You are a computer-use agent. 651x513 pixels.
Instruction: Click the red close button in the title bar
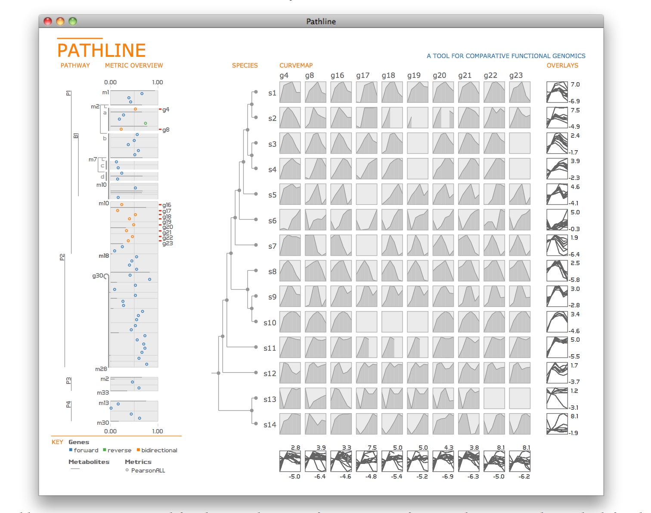point(48,21)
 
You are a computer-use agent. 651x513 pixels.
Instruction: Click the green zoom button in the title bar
point(73,21)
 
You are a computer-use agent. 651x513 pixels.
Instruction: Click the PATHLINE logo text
point(102,50)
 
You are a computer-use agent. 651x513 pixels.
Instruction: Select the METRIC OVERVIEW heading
point(134,65)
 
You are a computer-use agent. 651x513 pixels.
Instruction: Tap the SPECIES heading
point(245,65)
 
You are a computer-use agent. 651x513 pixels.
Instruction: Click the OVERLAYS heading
point(562,65)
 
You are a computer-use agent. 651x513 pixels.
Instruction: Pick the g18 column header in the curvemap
point(388,75)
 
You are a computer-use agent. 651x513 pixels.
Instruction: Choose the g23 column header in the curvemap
point(516,75)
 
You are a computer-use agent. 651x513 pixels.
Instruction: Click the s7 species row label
point(272,246)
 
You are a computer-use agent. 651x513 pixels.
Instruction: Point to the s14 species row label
point(270,425)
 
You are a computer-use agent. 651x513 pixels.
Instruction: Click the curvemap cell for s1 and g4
point(290,92)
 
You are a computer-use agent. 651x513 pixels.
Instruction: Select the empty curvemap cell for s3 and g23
point(520,143)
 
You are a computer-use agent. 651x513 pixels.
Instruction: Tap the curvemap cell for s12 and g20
point(443,373)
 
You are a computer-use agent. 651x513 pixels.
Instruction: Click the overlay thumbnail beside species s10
point(557,322)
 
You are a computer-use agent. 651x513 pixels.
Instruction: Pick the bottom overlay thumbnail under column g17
point(366,461)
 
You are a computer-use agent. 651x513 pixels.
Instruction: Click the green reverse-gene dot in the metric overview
point(146,124)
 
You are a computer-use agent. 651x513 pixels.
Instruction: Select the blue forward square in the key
point(71,450)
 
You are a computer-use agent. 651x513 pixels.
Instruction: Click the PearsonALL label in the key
point(148,470)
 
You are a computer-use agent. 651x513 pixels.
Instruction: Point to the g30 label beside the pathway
point(97,275)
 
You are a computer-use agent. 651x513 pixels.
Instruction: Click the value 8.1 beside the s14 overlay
point(575,416)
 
